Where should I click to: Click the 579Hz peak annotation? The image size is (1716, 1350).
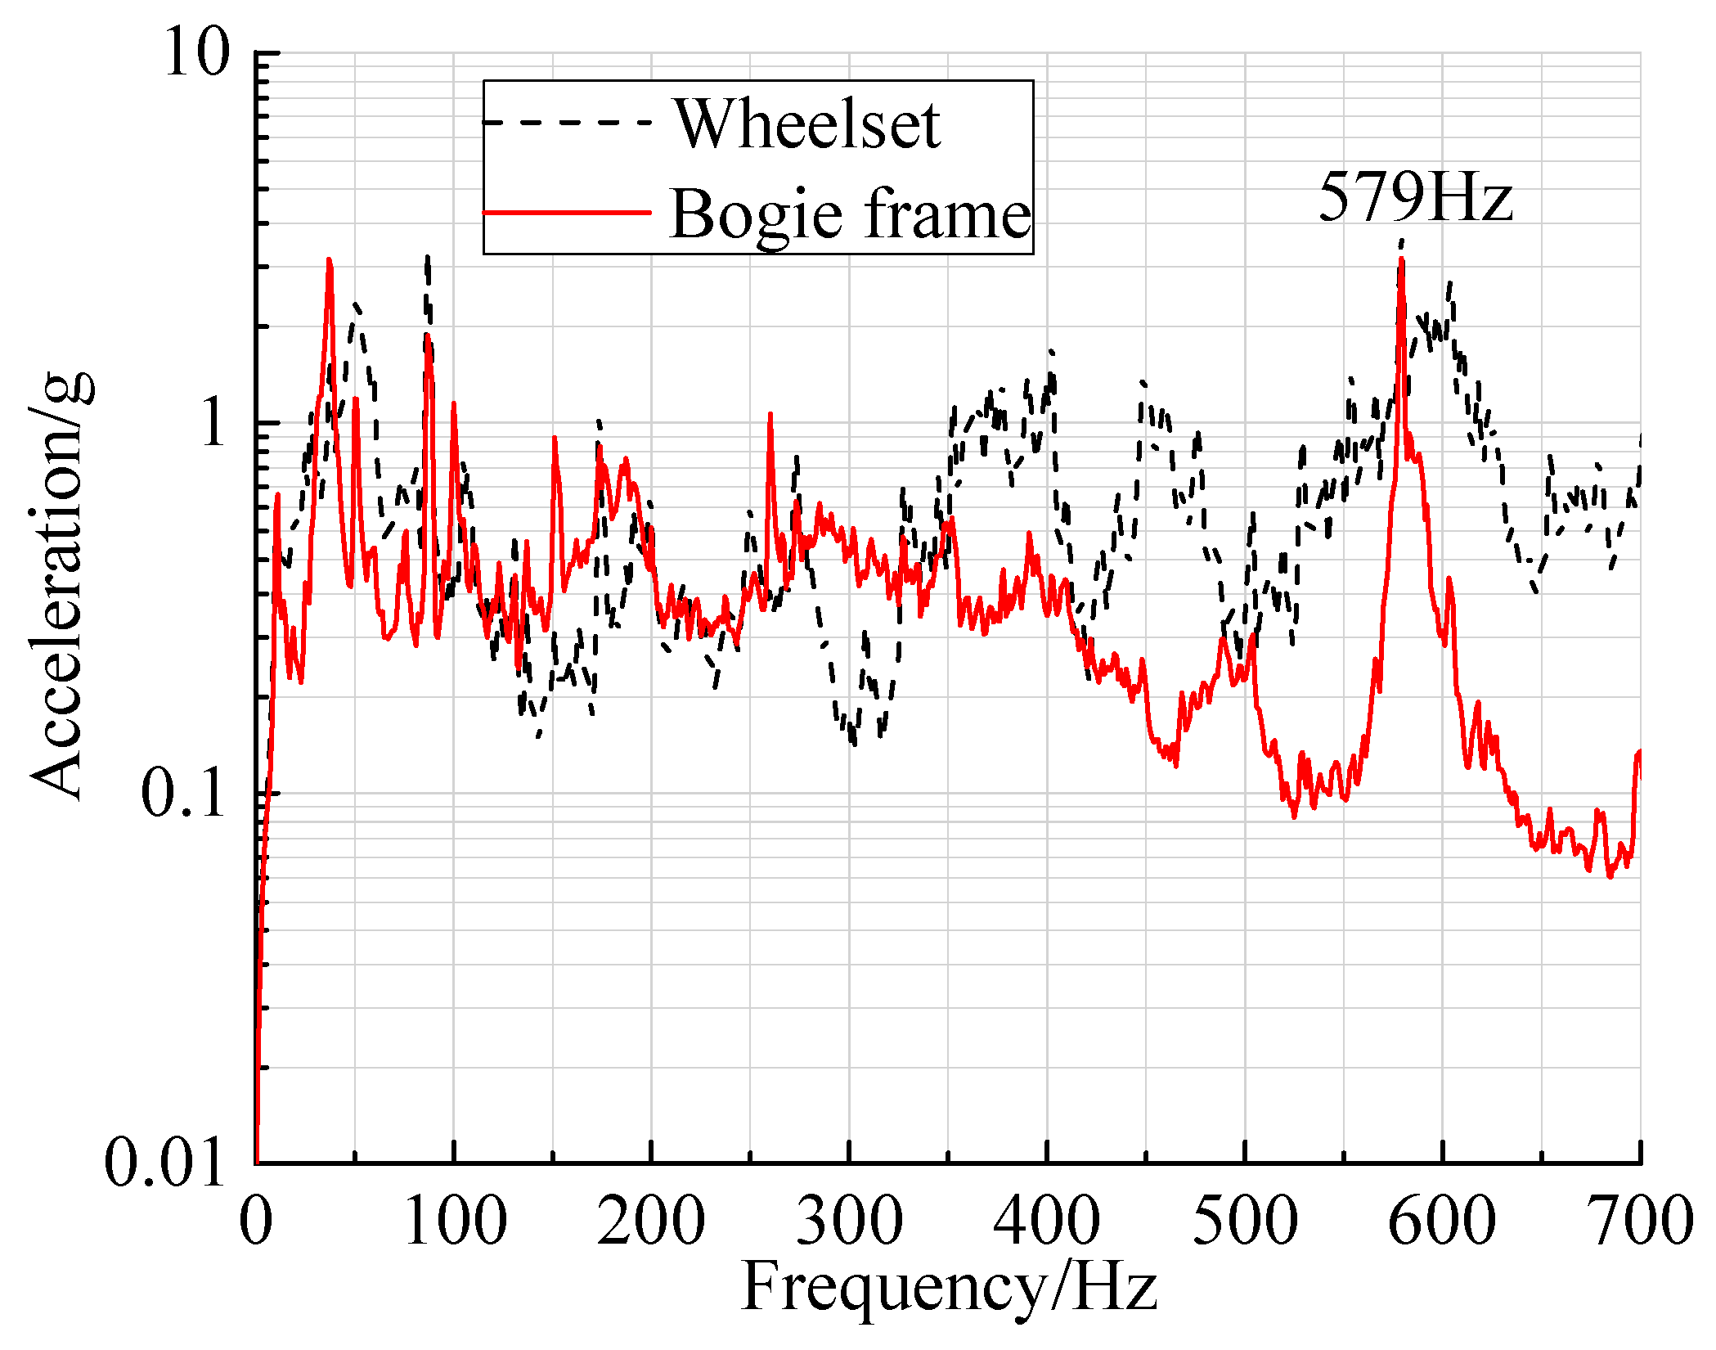click(1415, 197)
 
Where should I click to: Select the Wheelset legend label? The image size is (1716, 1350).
click(807, 124)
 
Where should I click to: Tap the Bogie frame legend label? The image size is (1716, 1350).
click(851, 214)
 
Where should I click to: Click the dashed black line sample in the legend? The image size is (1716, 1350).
click(567, 123)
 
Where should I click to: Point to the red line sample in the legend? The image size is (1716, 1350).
click(567, 213)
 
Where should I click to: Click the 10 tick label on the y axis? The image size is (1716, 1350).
click(196, 54)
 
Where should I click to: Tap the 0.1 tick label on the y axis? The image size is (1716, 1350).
click(183, 793)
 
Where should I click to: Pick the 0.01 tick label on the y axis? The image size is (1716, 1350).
click(164, 1163)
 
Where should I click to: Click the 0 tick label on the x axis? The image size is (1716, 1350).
click(256, 1220)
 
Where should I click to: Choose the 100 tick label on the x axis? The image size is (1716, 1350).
click(455, 1220)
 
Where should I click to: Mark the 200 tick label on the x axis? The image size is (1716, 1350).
click(651, 1220)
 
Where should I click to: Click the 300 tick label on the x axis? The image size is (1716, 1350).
click(849, 1220)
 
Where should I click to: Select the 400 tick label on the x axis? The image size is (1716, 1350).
click(1047, 1220)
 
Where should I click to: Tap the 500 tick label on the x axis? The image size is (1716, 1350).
click(1245, 1220)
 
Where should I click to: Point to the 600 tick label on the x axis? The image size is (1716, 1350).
click(1442, 1220)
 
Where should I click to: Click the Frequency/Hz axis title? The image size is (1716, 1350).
click(949, 1287)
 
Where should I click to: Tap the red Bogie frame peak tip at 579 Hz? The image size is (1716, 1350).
click(1402, 261)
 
